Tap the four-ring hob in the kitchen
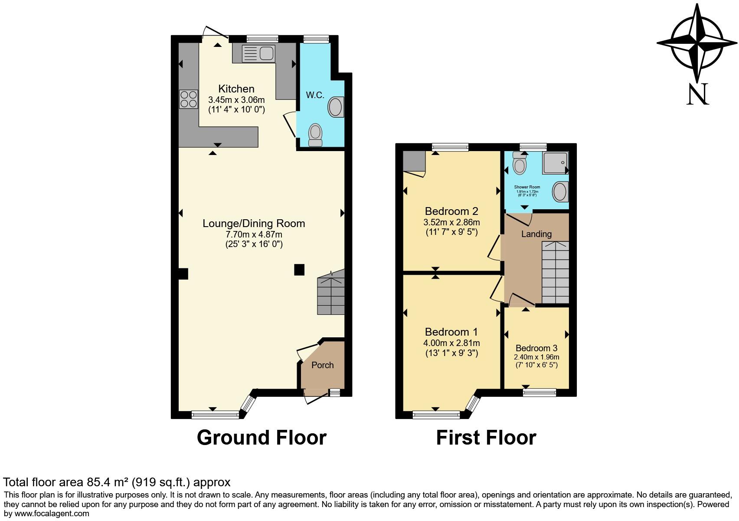(188, 99)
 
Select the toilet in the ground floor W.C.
(315, 135)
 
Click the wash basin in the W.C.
(336, 107)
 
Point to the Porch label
(323, 365)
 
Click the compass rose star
(696, 43)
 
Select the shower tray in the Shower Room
(554, 163)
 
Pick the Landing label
(536, 234)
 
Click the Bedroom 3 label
(536, 348)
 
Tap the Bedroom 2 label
(451, 211)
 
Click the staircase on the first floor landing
(555, 272)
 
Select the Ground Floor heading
(262, 438)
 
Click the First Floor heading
(486, 438)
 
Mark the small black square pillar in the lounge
(299, 270)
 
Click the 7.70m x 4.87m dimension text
(254, 234)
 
